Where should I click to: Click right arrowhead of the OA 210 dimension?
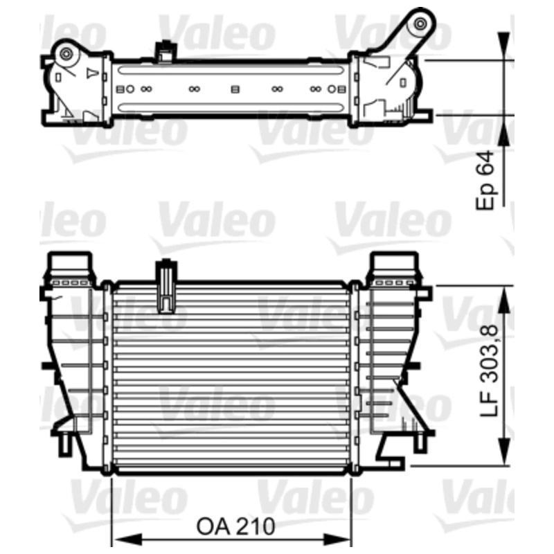click(346, 537)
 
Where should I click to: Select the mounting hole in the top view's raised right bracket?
click(420, 26)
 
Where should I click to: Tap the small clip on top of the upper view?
click(164, 50)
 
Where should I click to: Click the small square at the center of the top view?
click(235, 89)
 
